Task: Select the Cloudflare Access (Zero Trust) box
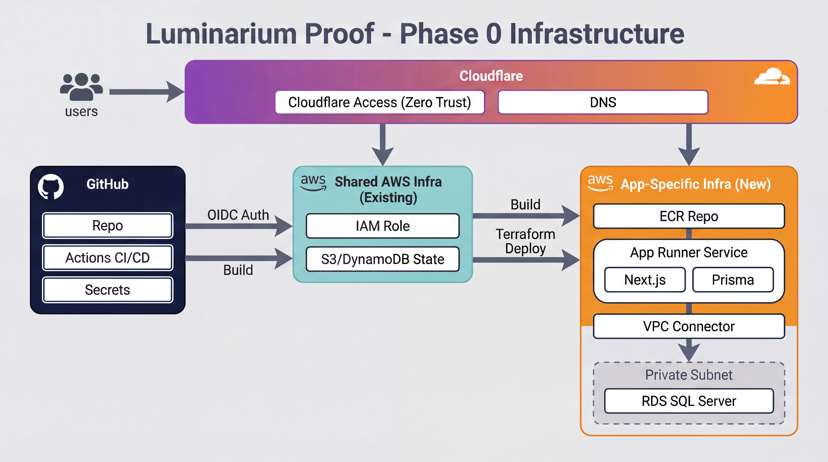[380, 102]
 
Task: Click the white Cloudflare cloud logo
[772, 77]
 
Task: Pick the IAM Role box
[383, 226]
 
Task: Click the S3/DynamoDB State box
[383, 259]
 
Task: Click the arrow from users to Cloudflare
[146, 92]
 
